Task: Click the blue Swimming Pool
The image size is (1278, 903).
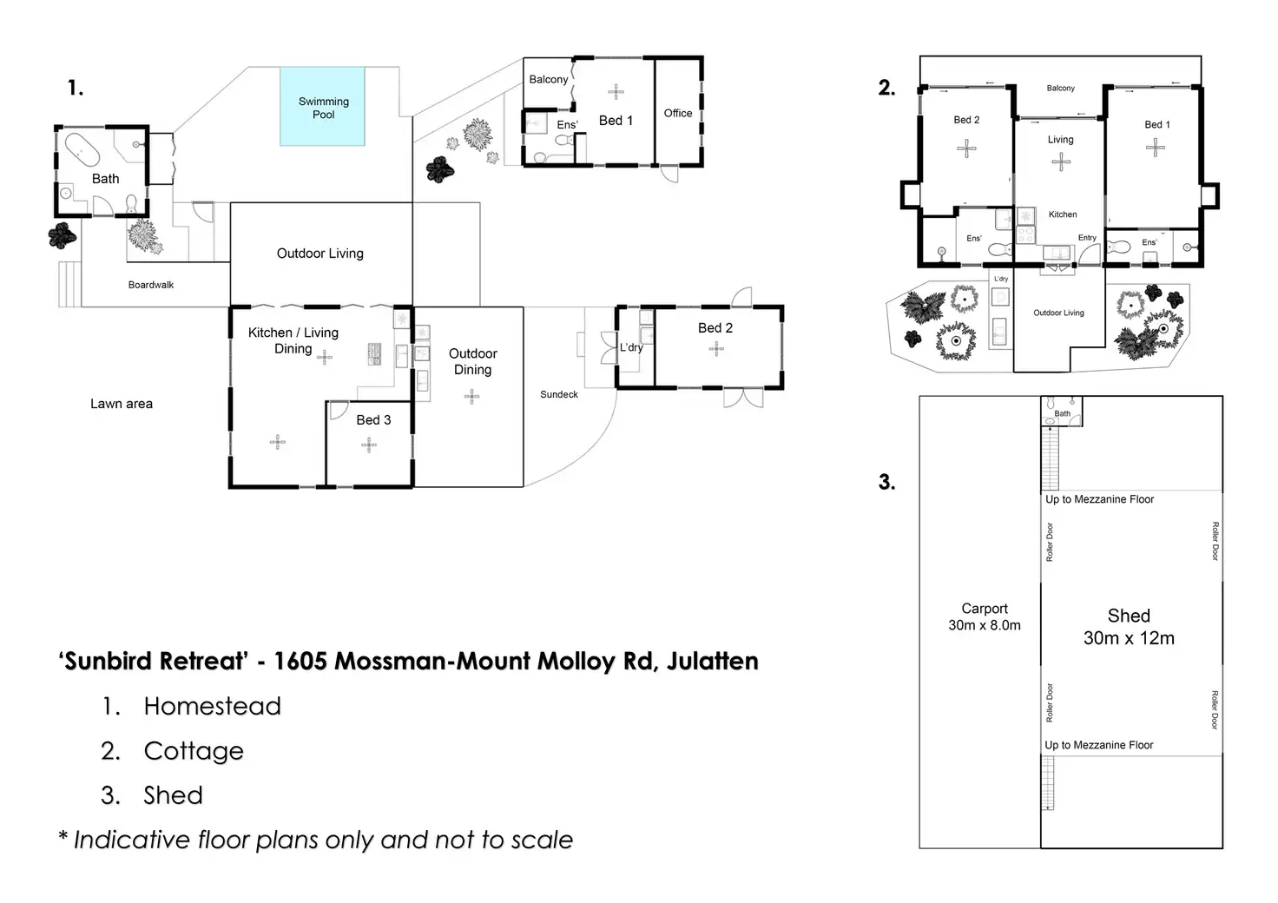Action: click(322, 107)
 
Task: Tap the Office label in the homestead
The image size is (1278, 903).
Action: click(678, 113)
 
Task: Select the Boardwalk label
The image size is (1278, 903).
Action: click(151, 285)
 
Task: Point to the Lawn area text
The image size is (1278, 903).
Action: click(122, 404)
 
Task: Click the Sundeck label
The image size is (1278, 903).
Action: click(559, 394)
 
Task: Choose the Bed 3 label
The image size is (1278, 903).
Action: click(373, 420)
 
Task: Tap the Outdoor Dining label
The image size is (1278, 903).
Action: click(473, 361)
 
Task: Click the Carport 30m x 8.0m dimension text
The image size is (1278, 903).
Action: click(985, 617)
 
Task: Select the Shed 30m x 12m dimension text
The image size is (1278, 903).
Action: click(1129, 627)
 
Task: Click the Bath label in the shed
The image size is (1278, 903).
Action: click(1063, 413)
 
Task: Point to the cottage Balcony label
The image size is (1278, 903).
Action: click(1060, 88)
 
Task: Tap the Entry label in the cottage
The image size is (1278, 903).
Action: click(1087, 238)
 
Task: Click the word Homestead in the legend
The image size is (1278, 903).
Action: click(213, 706)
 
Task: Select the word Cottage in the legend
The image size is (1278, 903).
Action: click(194, 751)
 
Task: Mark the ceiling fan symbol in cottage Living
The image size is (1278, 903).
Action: click(1060, 161)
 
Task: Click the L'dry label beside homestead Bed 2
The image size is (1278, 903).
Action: click(631, 347)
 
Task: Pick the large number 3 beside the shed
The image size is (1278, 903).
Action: click(886, 482)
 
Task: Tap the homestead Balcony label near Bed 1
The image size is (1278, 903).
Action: click(549, 79)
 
